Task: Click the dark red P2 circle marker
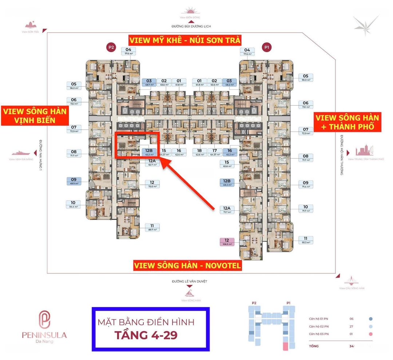(x=111, y=47)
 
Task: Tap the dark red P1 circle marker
(x=267, y=47)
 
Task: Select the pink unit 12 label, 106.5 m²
(x=227, y=242)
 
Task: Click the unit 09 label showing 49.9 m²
(x=74, y=181)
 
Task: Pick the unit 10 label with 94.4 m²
(x=73, y=205)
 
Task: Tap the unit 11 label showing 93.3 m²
(x=306, y=240)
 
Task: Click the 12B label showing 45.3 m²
(x=149, y=152)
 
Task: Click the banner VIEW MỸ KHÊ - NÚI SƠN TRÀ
(x=185, y=40)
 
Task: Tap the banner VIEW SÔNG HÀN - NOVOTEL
(x=187, y=266)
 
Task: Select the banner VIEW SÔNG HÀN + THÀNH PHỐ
(x=347, y=122)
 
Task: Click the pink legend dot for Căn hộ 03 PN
(x=370, y=334)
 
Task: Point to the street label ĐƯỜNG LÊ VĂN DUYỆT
(x=187, y=281)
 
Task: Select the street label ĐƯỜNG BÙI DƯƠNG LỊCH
(x=192, y=26)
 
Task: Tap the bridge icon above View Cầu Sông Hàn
(x=352, y=281)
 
